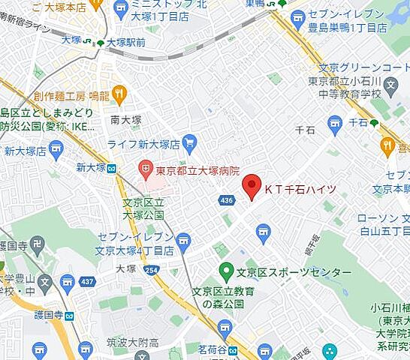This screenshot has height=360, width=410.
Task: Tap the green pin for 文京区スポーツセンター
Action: pyautogui.click(x=225, y=271)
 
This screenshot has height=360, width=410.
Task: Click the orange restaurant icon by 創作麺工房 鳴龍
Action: pyautogui.click(x=119, y=94)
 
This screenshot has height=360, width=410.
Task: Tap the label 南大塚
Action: pyautogui.click(x=125, y=119)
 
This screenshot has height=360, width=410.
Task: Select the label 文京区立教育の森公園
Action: pyautogui.click(x=224, y=298)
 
